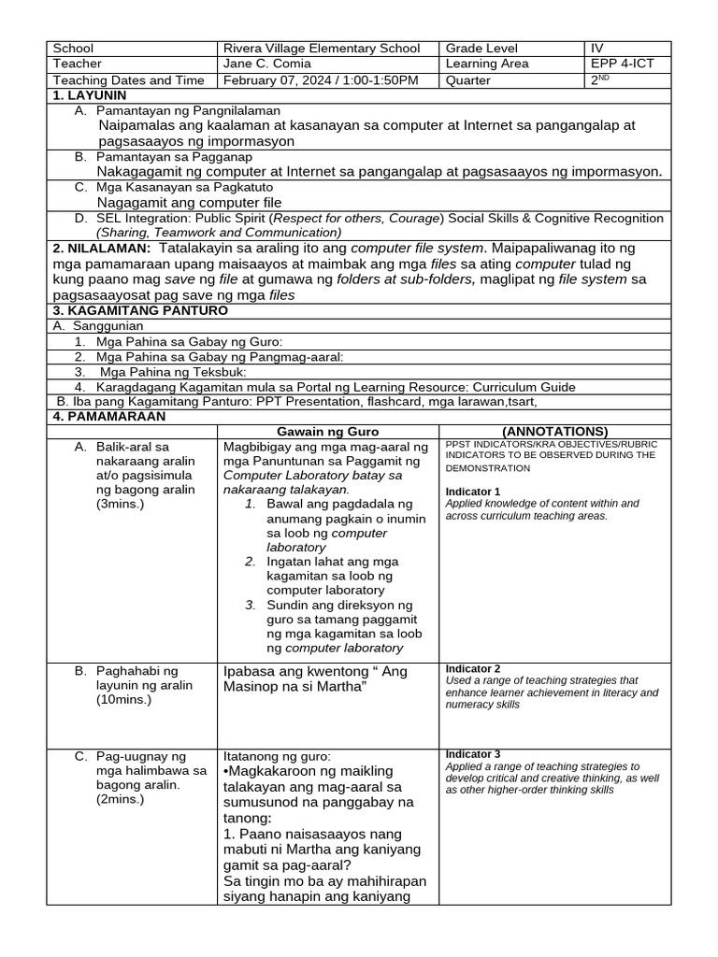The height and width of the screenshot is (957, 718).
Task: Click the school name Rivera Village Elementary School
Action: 317,49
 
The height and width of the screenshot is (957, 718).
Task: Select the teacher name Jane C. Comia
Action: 266,64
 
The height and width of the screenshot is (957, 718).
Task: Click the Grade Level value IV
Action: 597,49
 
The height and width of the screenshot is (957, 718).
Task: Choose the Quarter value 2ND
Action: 599,80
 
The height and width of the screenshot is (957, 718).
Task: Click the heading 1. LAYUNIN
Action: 89,95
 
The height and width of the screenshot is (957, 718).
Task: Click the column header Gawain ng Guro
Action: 327,431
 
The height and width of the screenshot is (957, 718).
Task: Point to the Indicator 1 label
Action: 473,491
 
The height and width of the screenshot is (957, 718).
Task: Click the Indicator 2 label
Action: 473,669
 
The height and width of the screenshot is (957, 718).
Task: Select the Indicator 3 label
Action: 473,753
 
